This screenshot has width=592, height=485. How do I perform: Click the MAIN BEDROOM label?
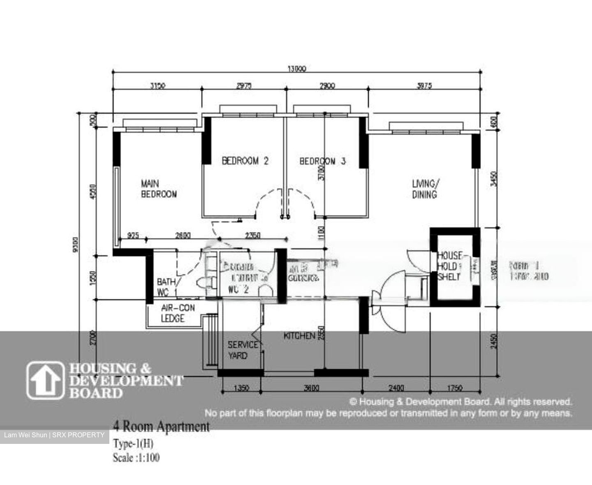[x=159, y=189]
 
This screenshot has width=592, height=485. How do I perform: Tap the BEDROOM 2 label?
[x=245, y=161]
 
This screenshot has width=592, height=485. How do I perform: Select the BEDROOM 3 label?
[x=322, y=161]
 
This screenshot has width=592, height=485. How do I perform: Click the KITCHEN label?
[x=299, y=336]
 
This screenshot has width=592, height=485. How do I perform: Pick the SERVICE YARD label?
[x=243, y=350]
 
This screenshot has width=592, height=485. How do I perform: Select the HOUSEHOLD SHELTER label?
[x=450, y=266]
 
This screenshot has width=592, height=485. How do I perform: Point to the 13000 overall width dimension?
[x=297, y=69]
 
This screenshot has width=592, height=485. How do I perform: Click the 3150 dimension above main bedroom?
[x=157, y=86]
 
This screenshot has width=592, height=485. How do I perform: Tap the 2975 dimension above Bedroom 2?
[x=244, y=86]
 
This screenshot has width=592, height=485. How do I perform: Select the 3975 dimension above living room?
[x=424, y=86]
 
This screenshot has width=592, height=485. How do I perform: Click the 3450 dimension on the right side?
[x=494, y=179]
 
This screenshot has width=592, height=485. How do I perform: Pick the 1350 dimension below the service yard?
[x=241, y=388]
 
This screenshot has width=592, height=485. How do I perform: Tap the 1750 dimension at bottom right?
[x=455, y=388]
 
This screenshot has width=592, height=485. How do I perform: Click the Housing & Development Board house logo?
[x=45, y=380]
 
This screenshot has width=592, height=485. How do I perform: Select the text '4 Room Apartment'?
[x=161, y=427]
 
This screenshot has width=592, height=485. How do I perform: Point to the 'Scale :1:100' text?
[x=136, y=457]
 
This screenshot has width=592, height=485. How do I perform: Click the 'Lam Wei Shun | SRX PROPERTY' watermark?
[x=54, y=435]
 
